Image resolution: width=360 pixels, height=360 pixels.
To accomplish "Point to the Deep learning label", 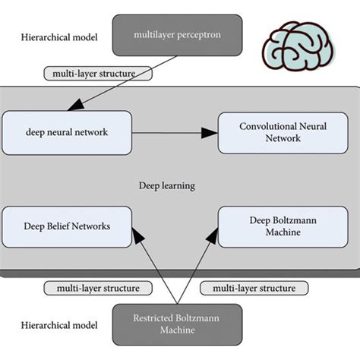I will tap(166, 185).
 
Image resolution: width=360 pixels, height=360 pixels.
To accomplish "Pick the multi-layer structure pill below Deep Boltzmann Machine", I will tap(254, 289).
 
